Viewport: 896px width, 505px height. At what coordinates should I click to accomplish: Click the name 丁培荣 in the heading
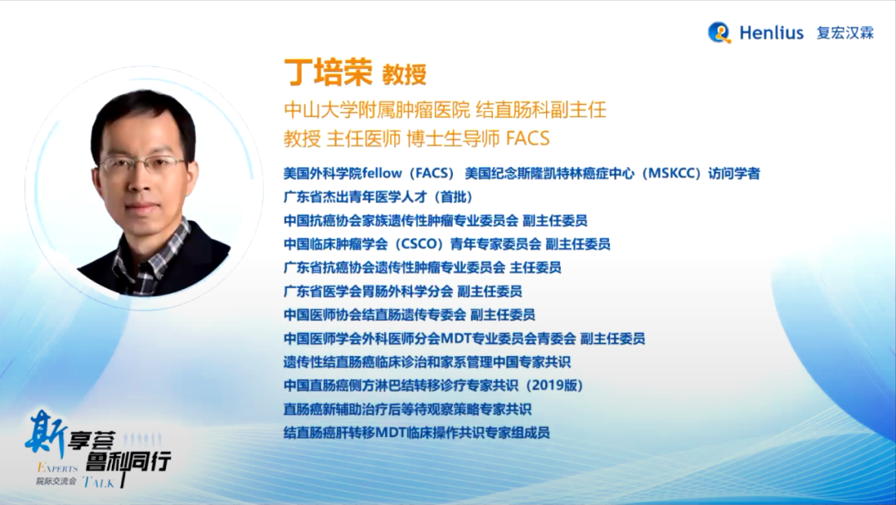click(328, 72)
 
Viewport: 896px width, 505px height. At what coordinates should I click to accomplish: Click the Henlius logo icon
click(719, 32)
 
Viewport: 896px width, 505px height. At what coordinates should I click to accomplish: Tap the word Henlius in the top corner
click(772, 32)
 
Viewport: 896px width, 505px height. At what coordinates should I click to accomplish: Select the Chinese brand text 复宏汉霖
click(845, 33)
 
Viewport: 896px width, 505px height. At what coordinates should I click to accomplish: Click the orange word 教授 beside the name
click(404, 75)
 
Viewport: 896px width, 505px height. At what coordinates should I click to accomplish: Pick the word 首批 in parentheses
click(453, 198)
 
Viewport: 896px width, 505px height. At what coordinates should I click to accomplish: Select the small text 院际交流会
click(56, 482)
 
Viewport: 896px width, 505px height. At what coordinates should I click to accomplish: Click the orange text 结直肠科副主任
click(541, 110)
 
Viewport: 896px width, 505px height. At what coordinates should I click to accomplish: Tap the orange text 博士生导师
click(453, 139)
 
